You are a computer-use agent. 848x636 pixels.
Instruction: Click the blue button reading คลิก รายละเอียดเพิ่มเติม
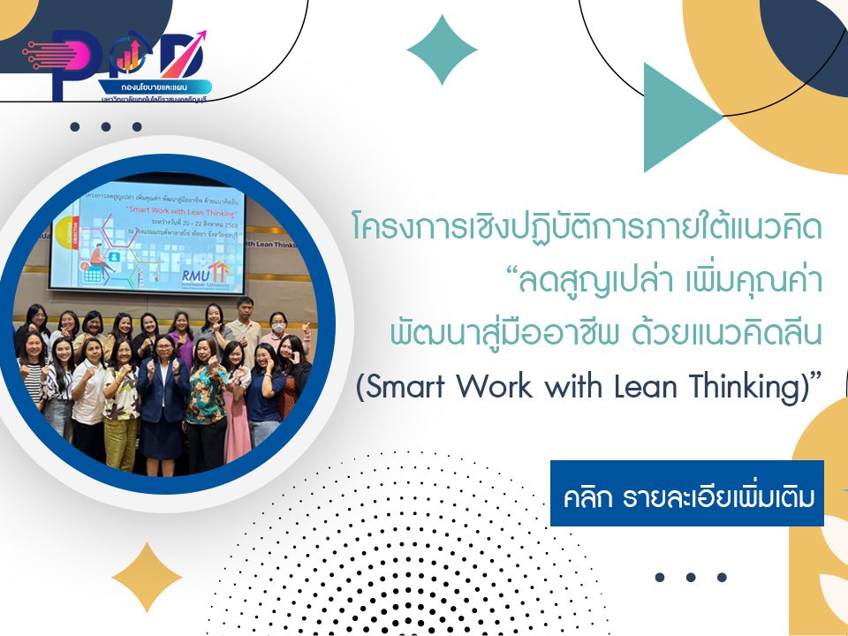coord(686,493)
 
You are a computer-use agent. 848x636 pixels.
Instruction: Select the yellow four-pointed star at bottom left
coord(147,578)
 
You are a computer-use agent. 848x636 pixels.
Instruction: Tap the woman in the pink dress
coord(236,397)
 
